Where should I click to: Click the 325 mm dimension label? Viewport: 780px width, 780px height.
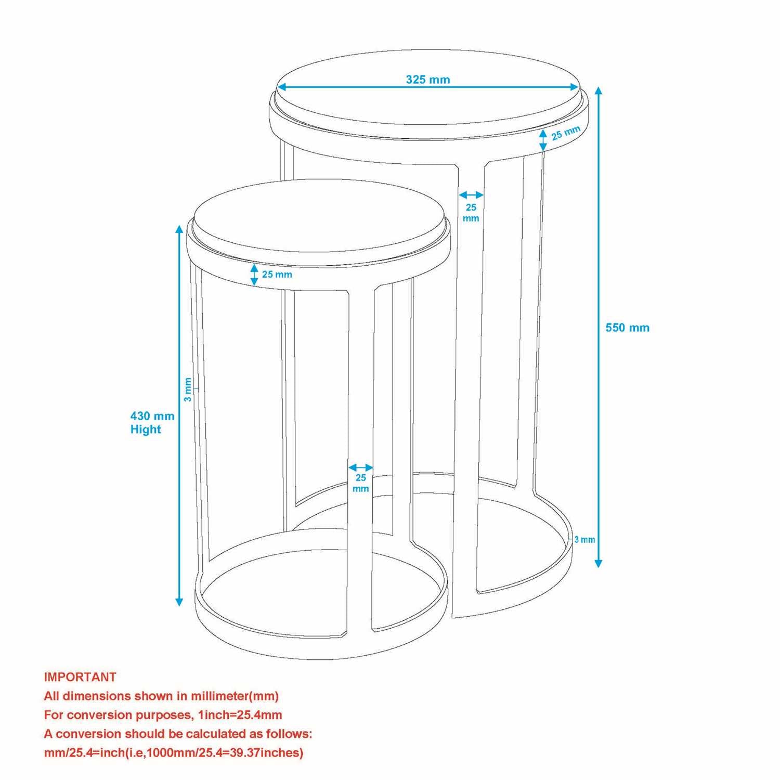point(428,80)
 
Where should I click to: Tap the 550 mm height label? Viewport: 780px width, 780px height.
point(628,328)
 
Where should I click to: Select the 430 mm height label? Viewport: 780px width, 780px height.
point(152,416)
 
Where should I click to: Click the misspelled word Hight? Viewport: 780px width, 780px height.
point(146,430)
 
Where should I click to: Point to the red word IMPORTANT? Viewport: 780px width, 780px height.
point(80,677)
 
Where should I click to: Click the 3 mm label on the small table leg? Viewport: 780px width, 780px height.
point(188,389)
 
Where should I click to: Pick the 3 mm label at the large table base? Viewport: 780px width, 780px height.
point(584,540)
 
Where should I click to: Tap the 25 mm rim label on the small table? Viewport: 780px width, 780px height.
point(277,274)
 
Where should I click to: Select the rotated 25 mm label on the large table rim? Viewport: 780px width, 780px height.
point(566,133)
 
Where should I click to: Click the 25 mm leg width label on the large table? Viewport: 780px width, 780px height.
point(471,213)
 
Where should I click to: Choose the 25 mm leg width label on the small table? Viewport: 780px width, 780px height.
point(361,483)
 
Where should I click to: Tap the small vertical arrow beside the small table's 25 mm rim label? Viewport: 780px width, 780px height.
point(254,275)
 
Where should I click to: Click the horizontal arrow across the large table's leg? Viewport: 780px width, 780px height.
point(471,196)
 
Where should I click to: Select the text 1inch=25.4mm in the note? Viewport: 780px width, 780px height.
point(240,715)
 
